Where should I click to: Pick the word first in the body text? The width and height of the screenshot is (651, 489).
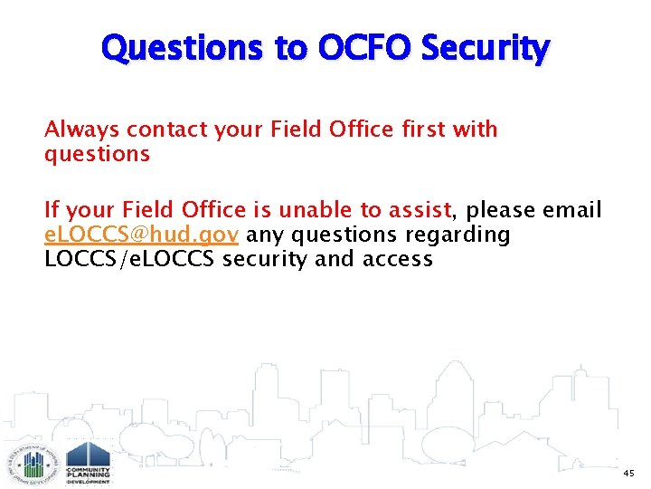pyautogui.click(x=402, y=130)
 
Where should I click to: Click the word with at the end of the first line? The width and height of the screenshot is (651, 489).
pyautogui.click(x=475, y=130)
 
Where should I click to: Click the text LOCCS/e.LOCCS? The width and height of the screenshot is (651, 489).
pyautogui.click(x=130, y=260)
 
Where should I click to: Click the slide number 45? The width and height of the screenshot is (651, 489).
pyautogui.click(x=628, y=474)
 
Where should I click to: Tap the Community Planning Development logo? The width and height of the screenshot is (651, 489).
pyautogui.click(x=88, y=463)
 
